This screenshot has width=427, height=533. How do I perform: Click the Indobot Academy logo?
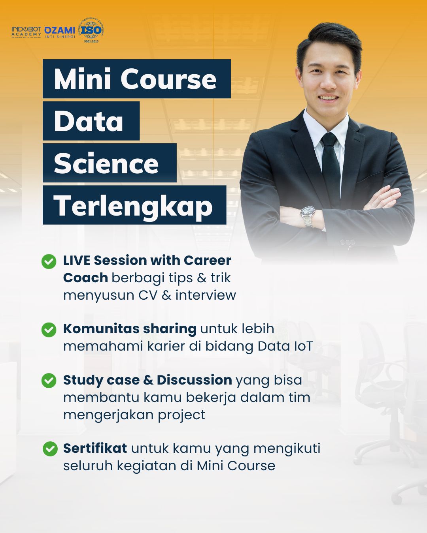[26, 32]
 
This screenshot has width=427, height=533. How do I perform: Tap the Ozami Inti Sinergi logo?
[60, 32]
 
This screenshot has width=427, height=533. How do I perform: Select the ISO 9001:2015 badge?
[91, 30]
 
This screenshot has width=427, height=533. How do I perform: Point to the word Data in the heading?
[89, 121]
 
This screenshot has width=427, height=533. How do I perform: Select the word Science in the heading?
[106, 163]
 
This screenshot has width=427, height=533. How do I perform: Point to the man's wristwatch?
[308, 215]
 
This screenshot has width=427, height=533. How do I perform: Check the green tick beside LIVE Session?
[49, 261]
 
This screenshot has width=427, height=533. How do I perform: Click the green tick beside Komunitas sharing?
[49, 330]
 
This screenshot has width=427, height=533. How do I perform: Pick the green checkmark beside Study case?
[49, 381]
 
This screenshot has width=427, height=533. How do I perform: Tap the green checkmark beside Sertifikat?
[50, 449]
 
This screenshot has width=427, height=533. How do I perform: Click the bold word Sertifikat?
[95, 449]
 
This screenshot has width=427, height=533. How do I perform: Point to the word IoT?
[303, 346]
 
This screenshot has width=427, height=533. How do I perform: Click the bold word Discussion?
[194, 380]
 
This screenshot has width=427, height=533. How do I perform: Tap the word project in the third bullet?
[181, 415]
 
